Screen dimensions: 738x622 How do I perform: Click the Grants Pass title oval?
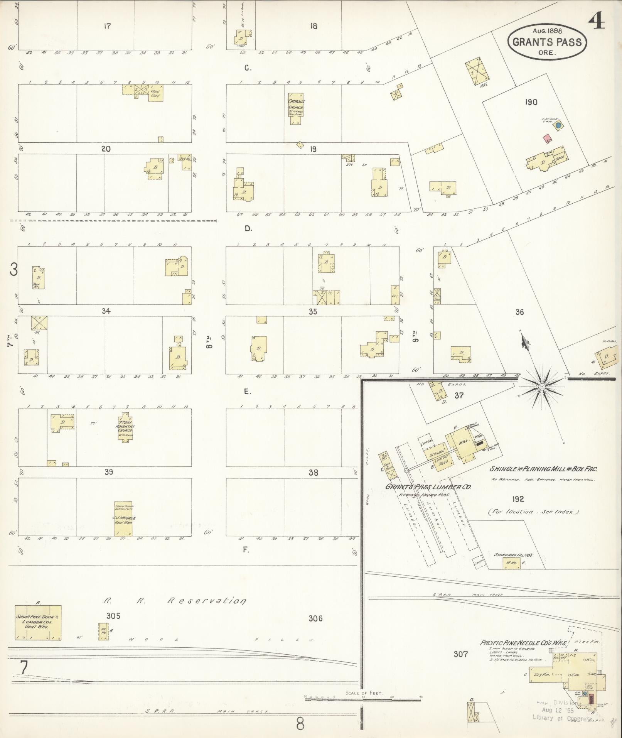[x=547, y=42]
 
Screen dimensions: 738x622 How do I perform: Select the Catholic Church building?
[x=296, y=108]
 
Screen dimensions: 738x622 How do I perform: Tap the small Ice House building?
[x=103, y=632]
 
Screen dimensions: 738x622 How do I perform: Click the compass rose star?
[x=542, y=386]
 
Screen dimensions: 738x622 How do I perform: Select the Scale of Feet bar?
[x=362, y=699]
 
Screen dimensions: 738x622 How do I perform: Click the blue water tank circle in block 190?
[x=558, y=125]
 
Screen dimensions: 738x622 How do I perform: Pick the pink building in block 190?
[x=547, y=138]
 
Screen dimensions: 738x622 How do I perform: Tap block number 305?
[x=113, y=616]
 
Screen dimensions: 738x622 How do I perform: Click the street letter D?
[x=248, y=228]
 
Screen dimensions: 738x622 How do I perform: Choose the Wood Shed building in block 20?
[x=156, y=93]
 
